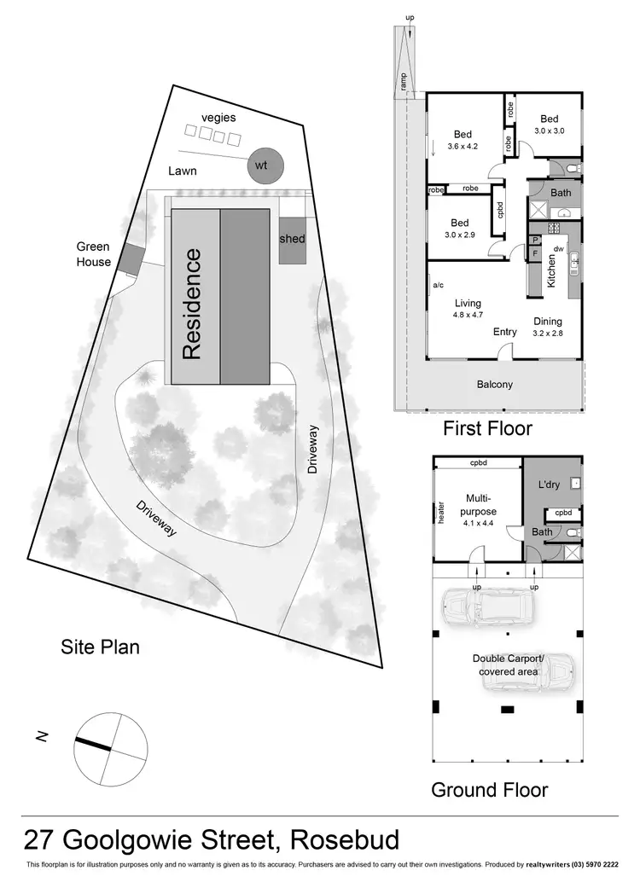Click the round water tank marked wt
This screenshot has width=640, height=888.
[x=263, y=165]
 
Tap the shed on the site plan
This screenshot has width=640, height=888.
[x=292, y=239]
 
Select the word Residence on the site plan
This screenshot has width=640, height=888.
[x=193, y=304]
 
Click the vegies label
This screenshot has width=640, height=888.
[x=218, y=117]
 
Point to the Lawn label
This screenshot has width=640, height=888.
[x=183, y=171]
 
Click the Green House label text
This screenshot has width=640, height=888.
[x=93, y=254]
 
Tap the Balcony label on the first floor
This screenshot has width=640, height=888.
[x=495, y=384]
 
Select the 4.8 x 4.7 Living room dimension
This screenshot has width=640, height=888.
[x=467, y=315]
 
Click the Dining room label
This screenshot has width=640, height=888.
[x=548, y=322]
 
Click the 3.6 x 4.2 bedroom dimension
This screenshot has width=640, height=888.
[x=463, y=146]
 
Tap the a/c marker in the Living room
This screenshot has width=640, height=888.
[x=438, y=285]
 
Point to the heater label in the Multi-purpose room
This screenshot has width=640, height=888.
[x=441, y=511]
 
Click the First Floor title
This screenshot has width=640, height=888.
[x=487, y=427]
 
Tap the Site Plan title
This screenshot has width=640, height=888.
[x=100, y=647]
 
